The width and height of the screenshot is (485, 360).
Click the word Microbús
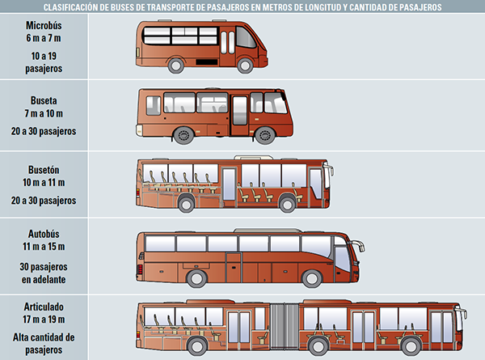[x=44, y=25]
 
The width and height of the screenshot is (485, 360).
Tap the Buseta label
[x=44, y=100]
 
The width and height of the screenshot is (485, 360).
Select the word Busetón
[x=44, y=170]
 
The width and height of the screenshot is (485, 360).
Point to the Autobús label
[x=44, y=234]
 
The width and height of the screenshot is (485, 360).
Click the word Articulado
[x=44, y=307]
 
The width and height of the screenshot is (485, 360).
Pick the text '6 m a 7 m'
[x=44, y=38]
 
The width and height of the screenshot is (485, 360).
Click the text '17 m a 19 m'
[x=44, y=319]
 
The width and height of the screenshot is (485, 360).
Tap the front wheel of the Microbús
[x=245, y=66]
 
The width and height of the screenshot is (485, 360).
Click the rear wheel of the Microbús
[x=176, y=66]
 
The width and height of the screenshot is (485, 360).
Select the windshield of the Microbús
[x=245, y=37]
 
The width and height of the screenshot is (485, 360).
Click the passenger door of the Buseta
[x=240, y=115]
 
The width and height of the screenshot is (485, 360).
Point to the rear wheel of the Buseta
[x=183, y=135]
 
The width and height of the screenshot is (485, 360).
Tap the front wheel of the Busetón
[x=287, y=204]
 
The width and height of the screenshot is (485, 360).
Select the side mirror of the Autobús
[x=358, y=245]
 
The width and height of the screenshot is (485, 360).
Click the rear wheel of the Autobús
[x=196, y=278]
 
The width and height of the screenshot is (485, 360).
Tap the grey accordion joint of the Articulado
[x=285, y=326]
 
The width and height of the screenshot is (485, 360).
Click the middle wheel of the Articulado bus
[x=318, y=346]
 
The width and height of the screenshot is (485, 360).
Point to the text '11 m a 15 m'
[x=44, y=247]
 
